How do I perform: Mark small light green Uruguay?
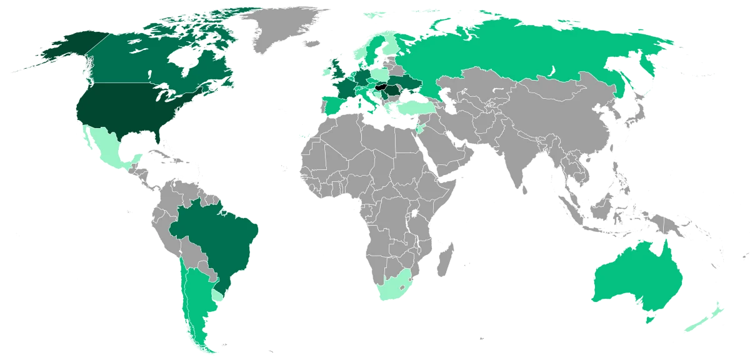(x=217, y=294)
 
